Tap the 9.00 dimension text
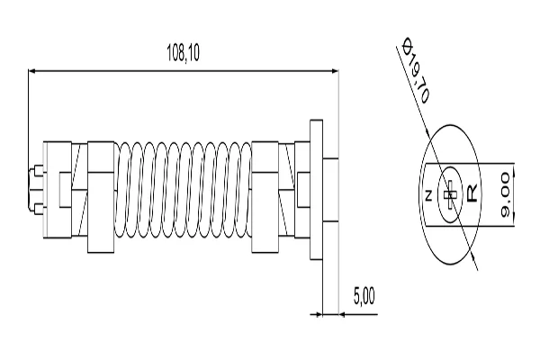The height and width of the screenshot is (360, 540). [x=505, y=193]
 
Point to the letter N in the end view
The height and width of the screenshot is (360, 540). [x=428, y=195]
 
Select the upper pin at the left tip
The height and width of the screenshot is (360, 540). [x=35, y=171]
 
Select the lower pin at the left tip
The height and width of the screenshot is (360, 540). [x=35, y=211]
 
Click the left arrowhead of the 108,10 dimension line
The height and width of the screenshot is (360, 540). [x=32, y=69]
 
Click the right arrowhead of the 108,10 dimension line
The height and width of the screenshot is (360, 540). [x=333, y=69]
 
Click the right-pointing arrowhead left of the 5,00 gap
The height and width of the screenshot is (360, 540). [x=318, y=314]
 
